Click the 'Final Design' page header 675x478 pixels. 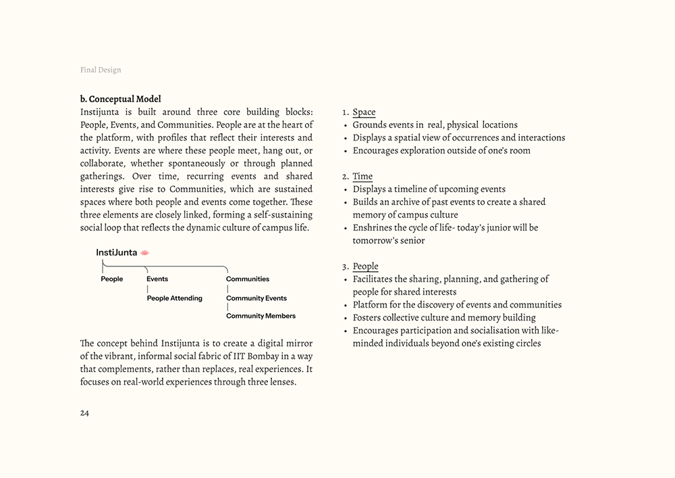[x=101, y=70]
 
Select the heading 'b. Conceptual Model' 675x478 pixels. [x=120, y=99]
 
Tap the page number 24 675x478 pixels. [x=84, y=413]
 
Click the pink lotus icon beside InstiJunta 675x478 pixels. [x=144, y=252]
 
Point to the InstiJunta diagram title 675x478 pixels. [x=116, y=252]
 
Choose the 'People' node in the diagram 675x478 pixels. [x=112, y=279]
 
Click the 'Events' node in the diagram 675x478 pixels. [x=157, y=279]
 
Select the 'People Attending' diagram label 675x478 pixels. [x=174, y=298]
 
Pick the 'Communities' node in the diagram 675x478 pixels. [x=247, y=279]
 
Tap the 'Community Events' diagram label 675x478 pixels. [x=256, y=298]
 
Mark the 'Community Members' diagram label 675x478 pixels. [x=261, y=316]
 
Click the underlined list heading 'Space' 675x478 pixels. [x=364, y=112]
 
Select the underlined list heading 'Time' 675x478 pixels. [x=362, y=176]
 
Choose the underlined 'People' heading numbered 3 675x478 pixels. [x=365, y=266]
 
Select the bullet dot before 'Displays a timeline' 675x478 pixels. [x=346, y=190]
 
